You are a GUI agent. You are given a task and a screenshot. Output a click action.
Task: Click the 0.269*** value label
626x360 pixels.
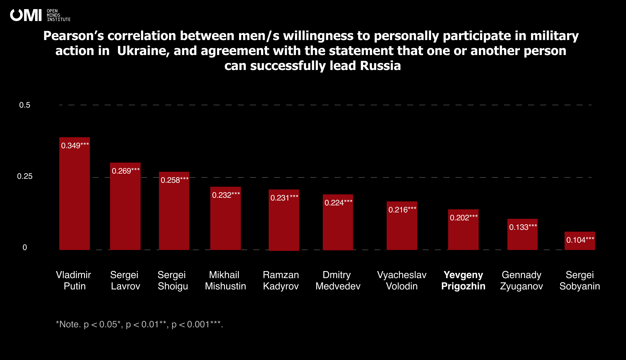pyautogui.click(x=126, y=171)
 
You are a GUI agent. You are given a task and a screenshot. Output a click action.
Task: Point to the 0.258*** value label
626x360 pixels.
pyautogui.click(x=175, y=180)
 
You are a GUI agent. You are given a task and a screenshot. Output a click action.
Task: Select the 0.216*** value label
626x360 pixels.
pyautogui.click(x=402, y=210)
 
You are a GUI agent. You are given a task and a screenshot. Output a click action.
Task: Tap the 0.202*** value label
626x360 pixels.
pyautogui.click(x=464, y=218)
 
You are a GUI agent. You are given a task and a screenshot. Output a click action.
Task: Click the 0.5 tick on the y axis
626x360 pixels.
pyautogui.click(x=25, y=105)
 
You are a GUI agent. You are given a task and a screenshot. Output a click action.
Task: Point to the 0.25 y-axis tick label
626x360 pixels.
pyautogui.click(x=25, y=176)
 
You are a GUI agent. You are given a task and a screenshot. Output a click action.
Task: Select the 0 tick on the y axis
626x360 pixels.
pyautogui.click(x=25, y=248)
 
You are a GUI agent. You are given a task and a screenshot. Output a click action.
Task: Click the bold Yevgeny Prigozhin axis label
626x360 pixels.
pyautogui.click(x=463, y=281)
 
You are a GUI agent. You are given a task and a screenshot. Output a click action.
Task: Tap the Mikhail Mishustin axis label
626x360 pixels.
pyautogui.click(x=225, y=281)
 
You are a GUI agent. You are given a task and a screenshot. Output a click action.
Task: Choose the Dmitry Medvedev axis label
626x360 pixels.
pyautogui.click(x=338, y=281)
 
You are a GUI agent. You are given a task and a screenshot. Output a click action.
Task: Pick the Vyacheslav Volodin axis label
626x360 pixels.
pyautogui.click(x=402, y=281)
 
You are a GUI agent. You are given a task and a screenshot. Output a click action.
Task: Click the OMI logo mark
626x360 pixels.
pyautogui.click(x=26, y=15)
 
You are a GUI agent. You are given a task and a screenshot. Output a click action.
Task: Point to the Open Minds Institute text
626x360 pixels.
pyautogui.click(x=58, y=15)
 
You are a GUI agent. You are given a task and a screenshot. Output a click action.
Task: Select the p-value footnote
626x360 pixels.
pyautogui.click(x=139, y=324)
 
